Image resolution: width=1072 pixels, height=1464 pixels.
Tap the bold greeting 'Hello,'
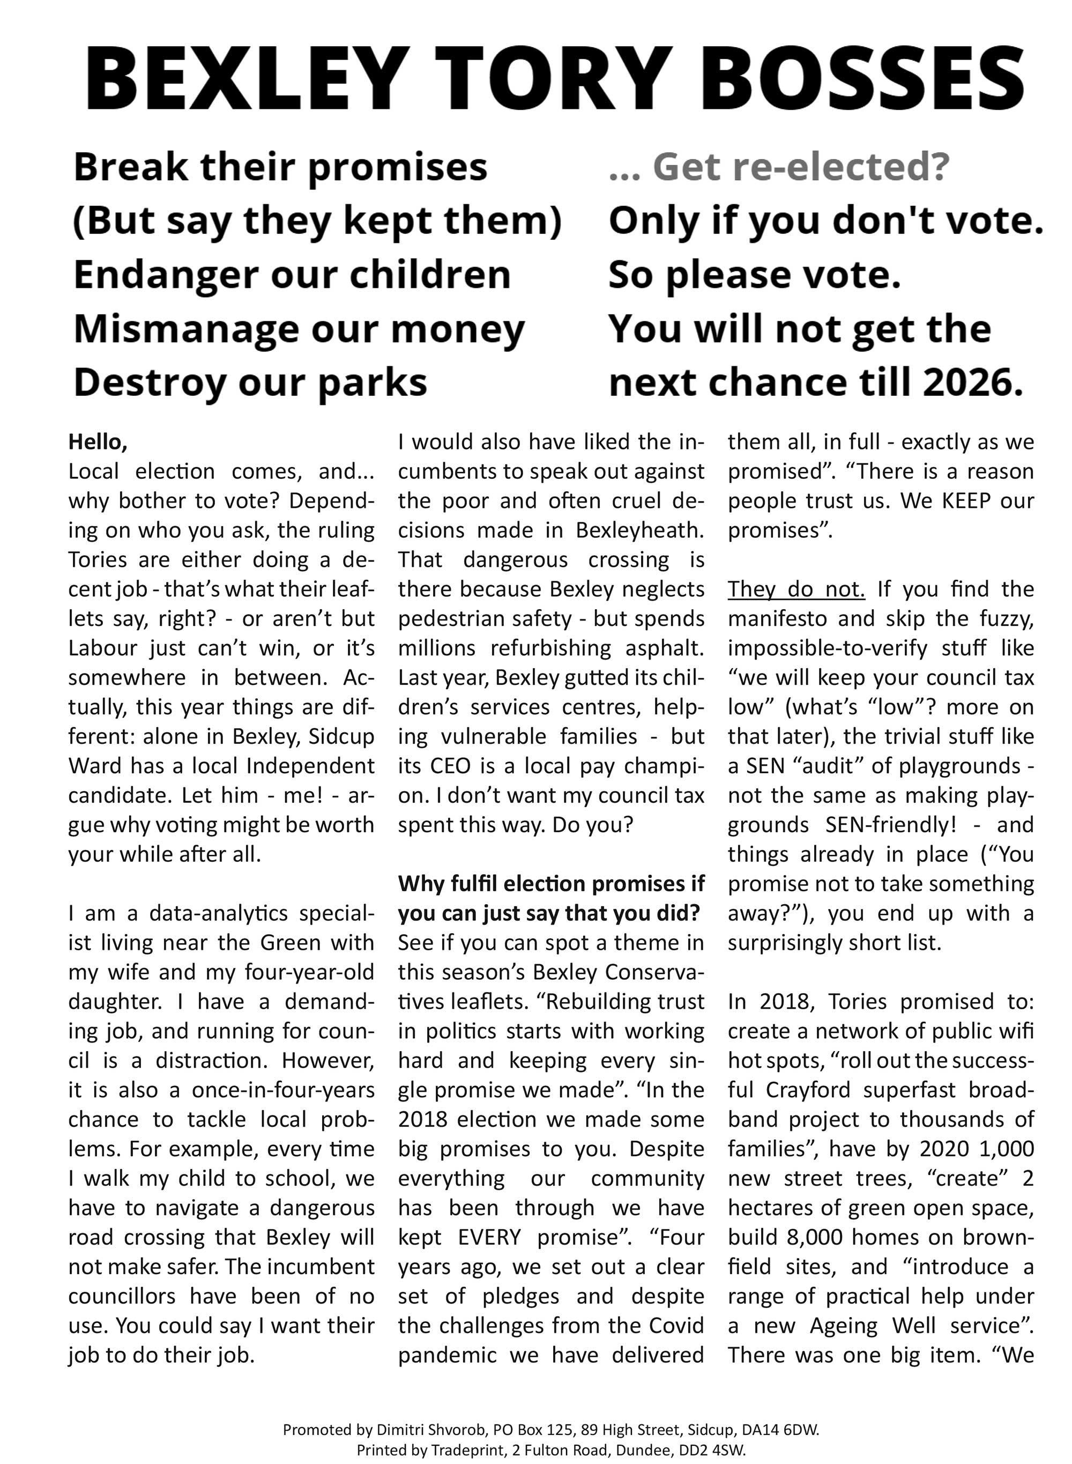pos(98,442)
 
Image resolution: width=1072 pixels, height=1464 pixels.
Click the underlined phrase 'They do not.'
pos(796,589)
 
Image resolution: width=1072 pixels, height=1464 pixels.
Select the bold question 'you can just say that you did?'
pos(549,913)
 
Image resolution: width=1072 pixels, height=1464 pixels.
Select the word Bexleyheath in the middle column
pos(640,530)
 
